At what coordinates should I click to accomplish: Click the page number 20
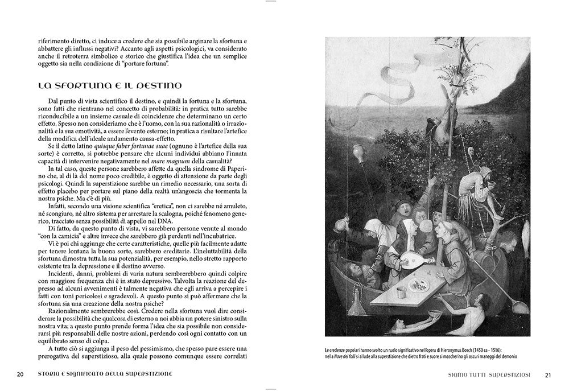point(20,374)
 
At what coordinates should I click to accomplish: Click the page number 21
point(548,374)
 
